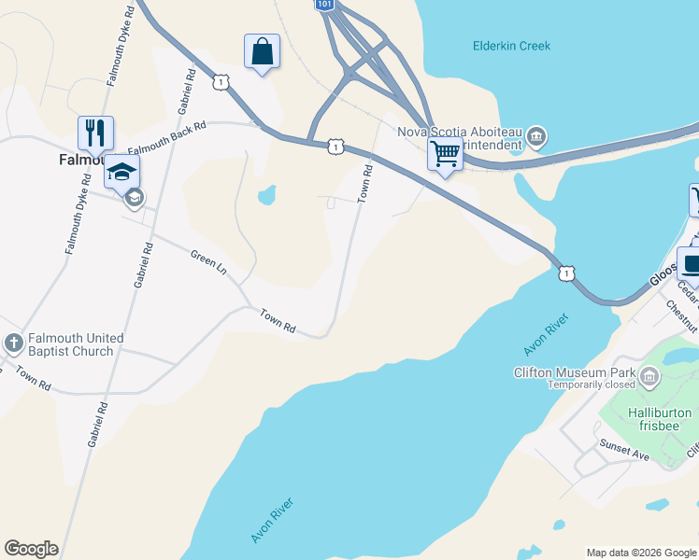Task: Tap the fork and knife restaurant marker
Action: (x=95, y=133)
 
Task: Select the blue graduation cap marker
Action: (x=121, y=172)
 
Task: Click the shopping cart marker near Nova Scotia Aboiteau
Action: (x=446, y=153)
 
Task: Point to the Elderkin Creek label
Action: (x=511, y=46)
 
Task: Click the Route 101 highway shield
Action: (x=323, y=5)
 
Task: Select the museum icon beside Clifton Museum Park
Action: (x=649, y=377)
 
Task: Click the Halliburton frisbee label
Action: (x=659, y=419)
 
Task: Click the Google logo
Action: (x=31, y=549)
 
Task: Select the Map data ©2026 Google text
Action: (x=640, y=553)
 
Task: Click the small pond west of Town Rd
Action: (x=266, y=196)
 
